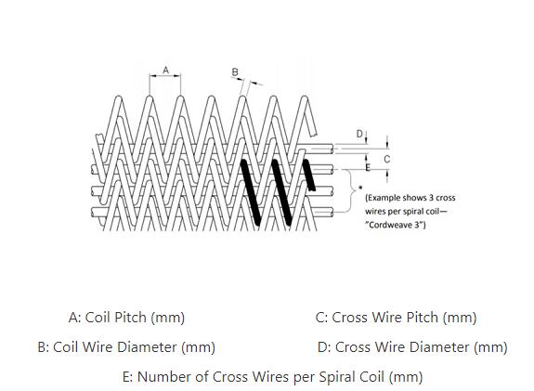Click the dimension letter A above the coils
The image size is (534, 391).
(165, 71)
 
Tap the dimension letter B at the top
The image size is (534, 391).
(235, 72)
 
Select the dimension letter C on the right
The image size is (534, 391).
(387, 159)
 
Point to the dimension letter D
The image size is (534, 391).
(359, 134)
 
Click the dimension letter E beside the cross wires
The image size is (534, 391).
(368, 167)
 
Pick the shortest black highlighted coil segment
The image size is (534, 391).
(309, 175)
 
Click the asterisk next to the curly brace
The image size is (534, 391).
(360, 188)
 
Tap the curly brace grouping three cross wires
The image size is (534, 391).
(352, 190)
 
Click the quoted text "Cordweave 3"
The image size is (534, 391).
(395, 225)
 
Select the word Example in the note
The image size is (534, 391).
(384, 198)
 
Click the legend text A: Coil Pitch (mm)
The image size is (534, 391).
(126, 318)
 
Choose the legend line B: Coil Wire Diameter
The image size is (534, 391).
(126, 347)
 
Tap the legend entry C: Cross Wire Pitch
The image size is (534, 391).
(396, 318)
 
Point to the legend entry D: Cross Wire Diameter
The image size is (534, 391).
(412, 347)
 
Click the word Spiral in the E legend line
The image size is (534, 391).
(334, 377)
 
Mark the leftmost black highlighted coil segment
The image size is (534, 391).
(251, 192)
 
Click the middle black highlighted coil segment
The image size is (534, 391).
(281, 192)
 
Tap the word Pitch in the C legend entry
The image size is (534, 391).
(423, 318)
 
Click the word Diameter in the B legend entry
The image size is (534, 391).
(147, 347)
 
